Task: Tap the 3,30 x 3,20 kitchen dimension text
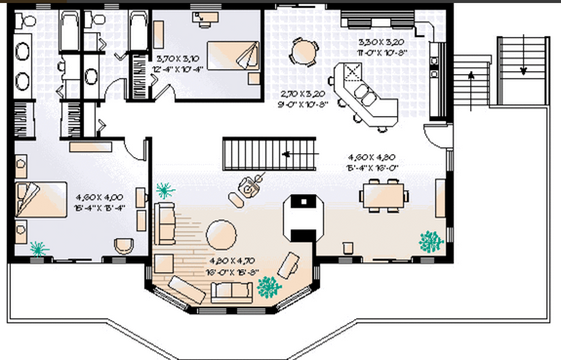(381, 48)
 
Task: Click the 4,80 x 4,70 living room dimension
(233, 266)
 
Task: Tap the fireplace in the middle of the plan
(305, 217)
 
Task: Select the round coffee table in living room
(225, 235)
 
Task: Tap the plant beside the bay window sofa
(267, 287)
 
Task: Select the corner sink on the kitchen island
(348, 73)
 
